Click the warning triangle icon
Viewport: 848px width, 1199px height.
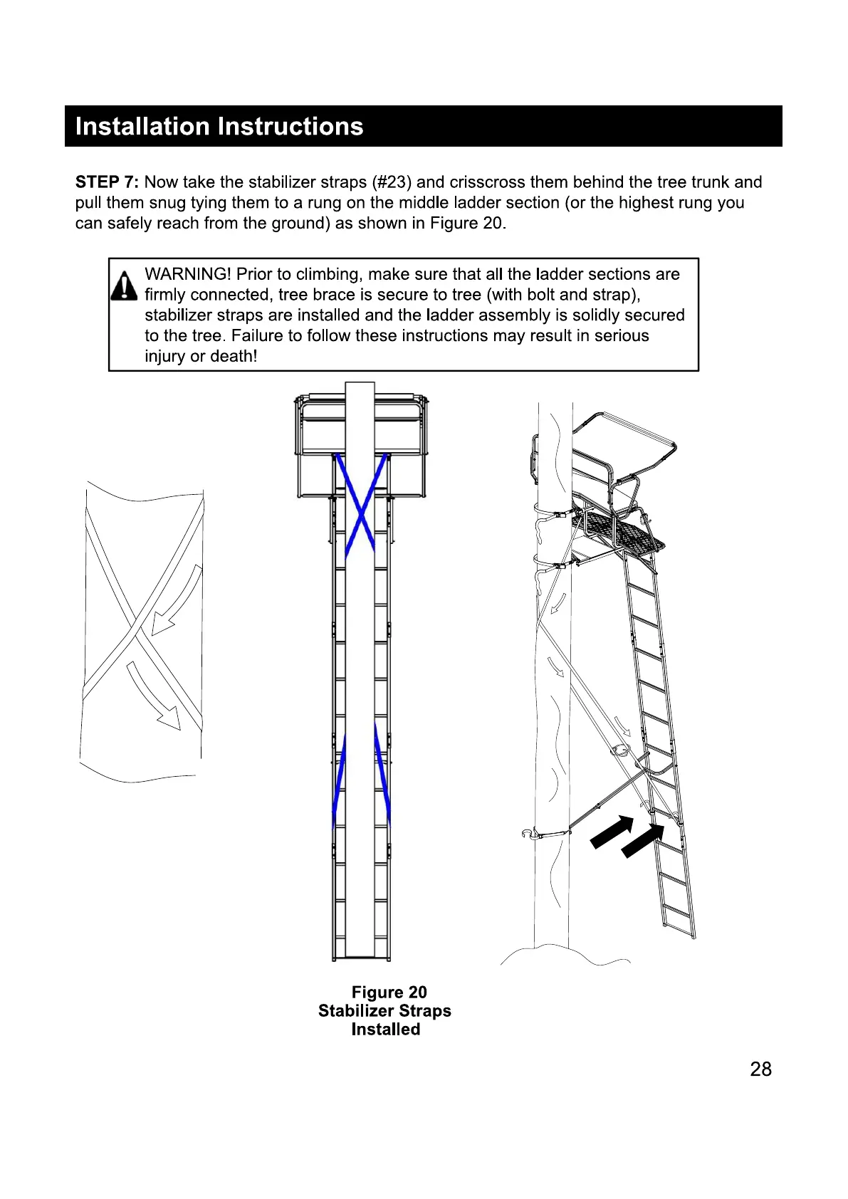tap(124, 286)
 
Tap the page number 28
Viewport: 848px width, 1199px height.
tap(760, 1069)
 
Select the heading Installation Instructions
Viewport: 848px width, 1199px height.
tap(219, 127)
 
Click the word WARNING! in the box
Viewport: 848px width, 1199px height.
tap(188, 275)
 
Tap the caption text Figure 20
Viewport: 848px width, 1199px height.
tap(389, 993)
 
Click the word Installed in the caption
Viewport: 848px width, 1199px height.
tap(385, 1030)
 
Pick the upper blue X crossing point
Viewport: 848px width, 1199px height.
tap(361, 511)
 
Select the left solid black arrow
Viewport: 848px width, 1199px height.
tap(612, 832)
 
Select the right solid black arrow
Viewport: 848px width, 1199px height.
tap(643, 840)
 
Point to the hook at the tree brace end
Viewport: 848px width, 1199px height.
tap(528, 832)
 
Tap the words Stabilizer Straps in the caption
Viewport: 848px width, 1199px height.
tap(384, 1011)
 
